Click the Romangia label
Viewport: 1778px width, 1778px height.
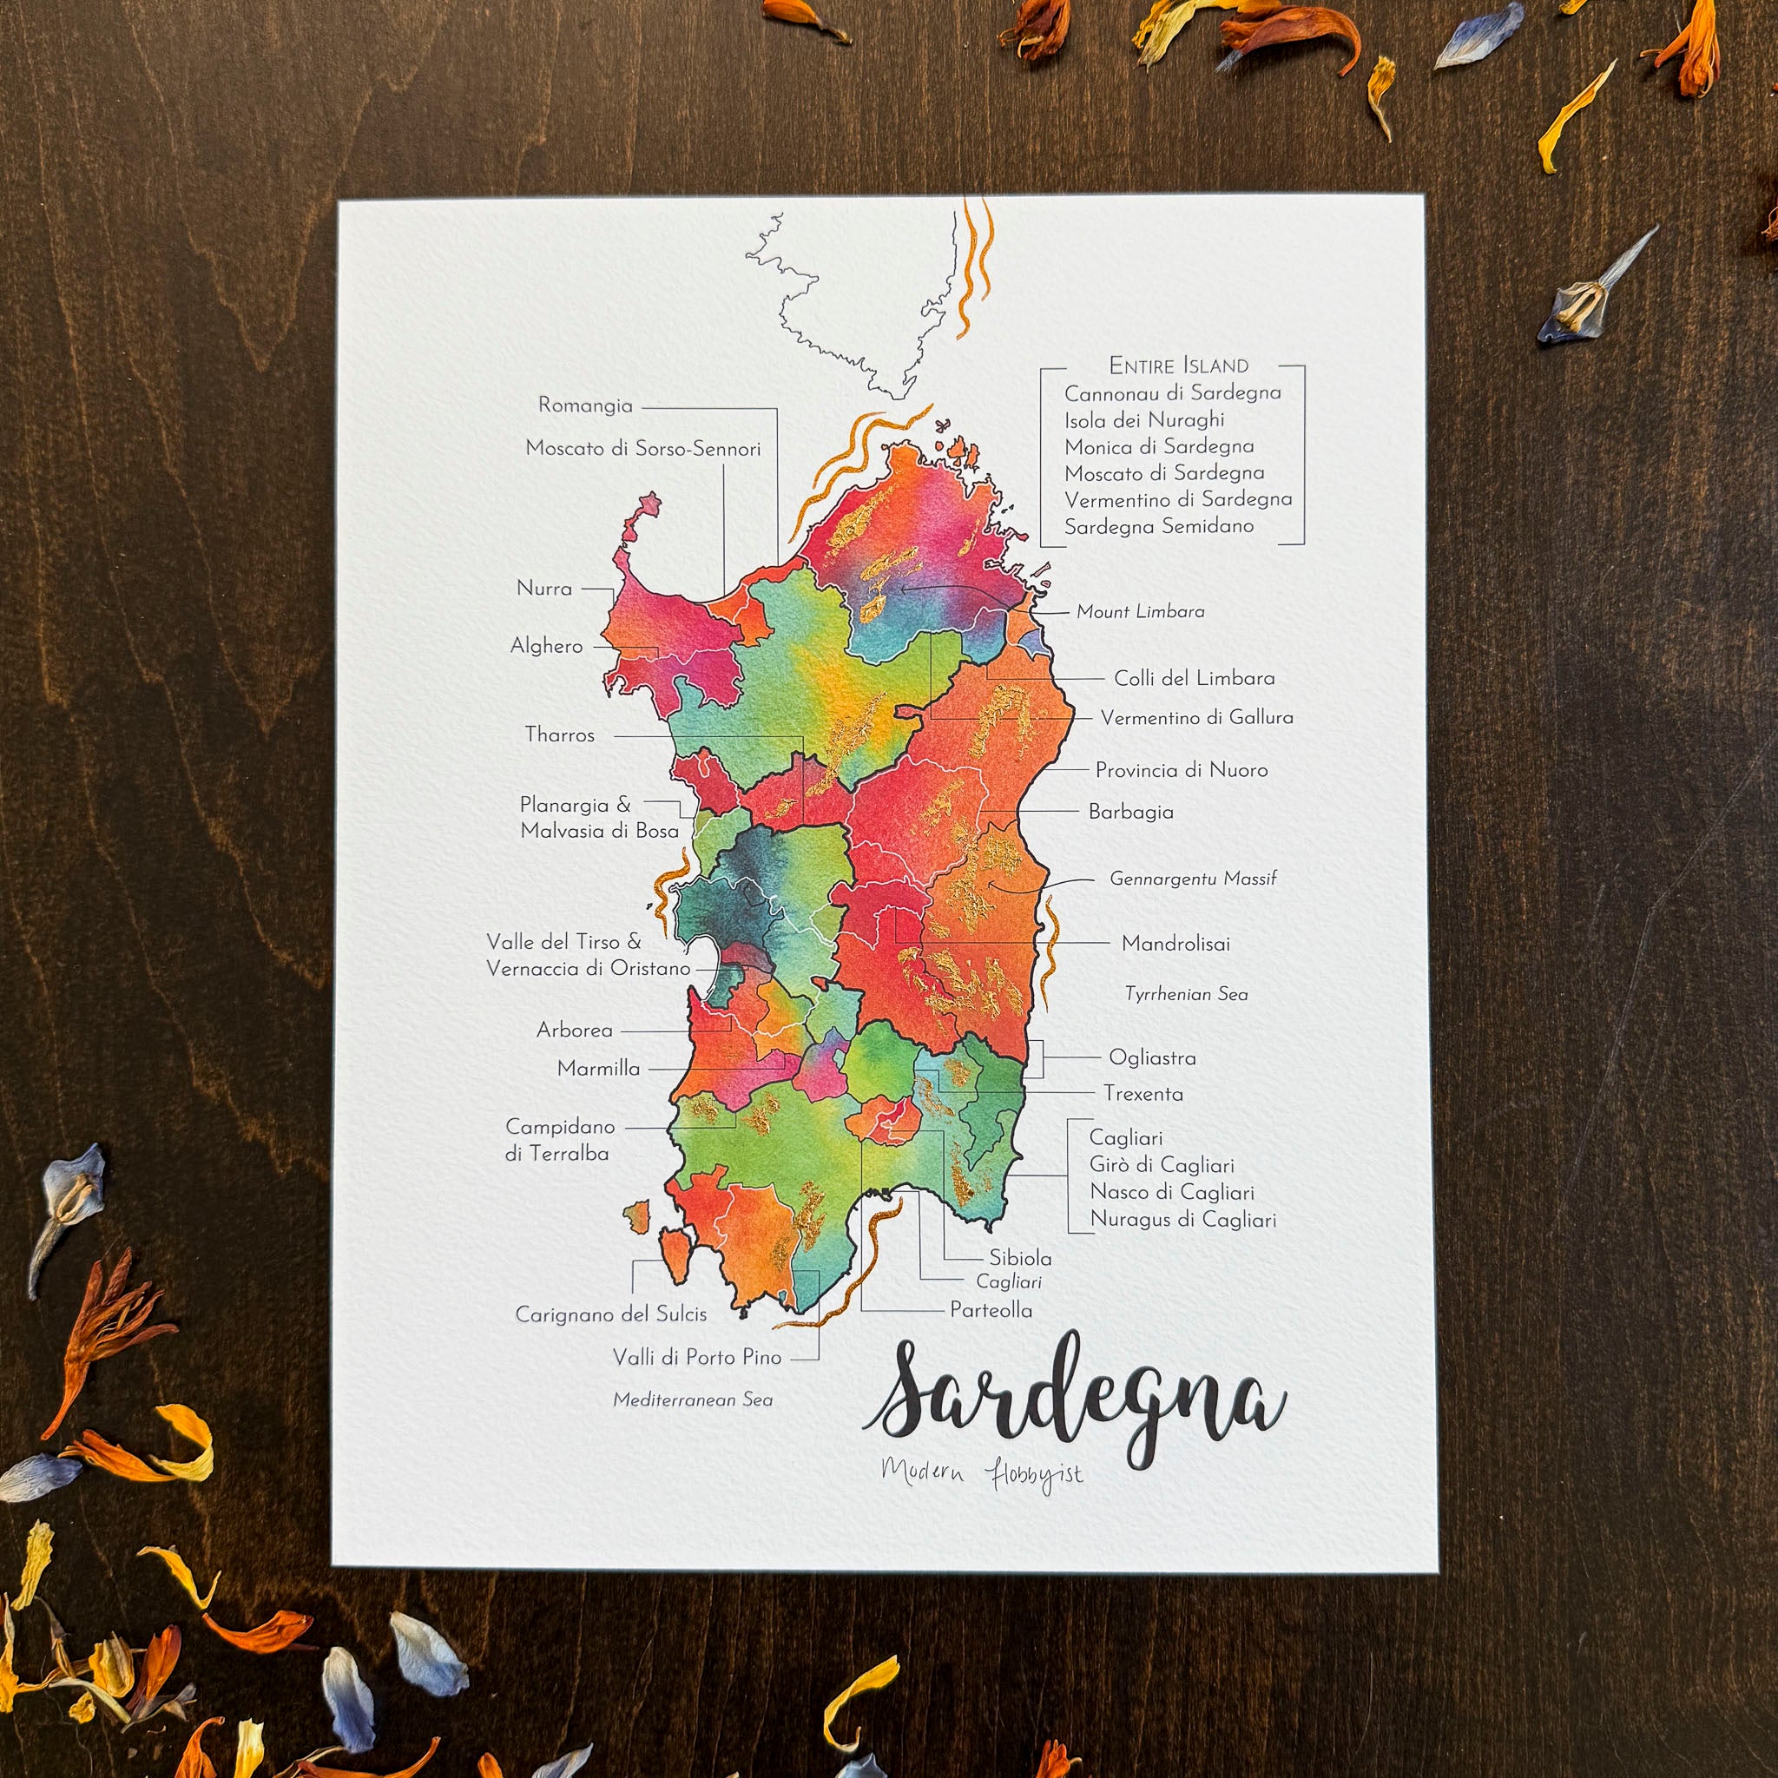585,405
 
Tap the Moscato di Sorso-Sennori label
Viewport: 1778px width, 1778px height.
642,449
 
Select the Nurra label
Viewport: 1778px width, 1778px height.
543,589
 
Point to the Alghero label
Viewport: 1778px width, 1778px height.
546,646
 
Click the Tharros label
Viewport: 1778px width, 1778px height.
560,735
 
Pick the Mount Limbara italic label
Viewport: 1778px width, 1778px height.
1140,612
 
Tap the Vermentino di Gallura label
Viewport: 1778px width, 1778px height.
1196,718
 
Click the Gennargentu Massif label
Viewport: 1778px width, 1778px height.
1193,879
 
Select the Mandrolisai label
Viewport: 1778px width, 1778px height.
1175,945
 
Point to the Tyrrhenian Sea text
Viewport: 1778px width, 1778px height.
1186,995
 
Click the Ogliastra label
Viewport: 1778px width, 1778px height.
1152,1058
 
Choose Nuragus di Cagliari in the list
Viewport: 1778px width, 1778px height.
1182,1221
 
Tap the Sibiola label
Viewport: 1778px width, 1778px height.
1020,1258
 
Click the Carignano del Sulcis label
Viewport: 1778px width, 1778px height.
611,1315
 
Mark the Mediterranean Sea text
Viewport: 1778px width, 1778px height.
693,1400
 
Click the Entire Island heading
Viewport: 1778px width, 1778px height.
1178,366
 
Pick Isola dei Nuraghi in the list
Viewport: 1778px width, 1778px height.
1144,420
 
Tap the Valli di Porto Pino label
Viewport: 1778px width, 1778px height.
696,1358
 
